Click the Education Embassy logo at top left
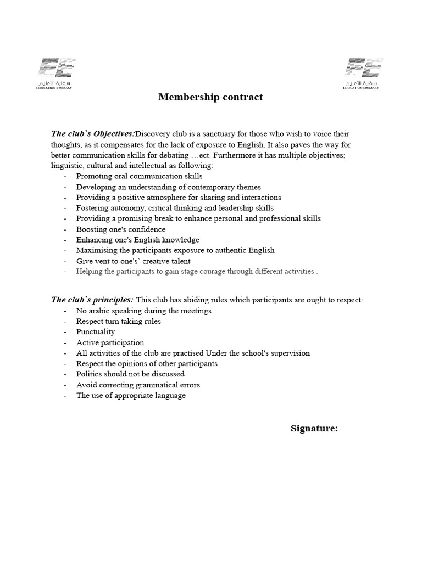click(x=57, y=74)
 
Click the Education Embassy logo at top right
click(x=363, y=74)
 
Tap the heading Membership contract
click(x=210, y=97)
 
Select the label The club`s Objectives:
click(x=93, y=134)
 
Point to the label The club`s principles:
click(x=92, y=300)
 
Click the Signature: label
click(x=314, y=429)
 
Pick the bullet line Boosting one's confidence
click(x=120, y=229)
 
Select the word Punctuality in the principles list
click(x=96, y=332)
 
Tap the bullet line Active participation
click(x=110, y=342)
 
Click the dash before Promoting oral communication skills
click(x=66, y=177)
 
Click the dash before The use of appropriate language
click(x=66, y=396)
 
